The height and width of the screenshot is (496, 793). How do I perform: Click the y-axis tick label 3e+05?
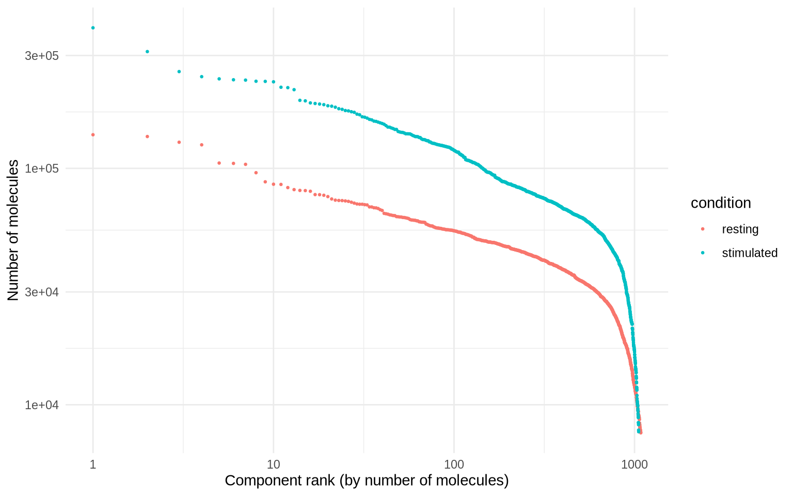[x=42, y=56]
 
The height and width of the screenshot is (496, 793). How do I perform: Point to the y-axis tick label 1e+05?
[x=42, y=168]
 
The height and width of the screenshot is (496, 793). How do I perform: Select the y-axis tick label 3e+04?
[x=42, y=292]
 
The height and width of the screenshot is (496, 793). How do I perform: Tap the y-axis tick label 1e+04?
[x=42, y=405]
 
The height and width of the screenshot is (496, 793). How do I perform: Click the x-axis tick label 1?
[x=93, y=464]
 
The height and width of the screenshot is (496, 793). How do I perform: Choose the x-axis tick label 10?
[x=274, y=464]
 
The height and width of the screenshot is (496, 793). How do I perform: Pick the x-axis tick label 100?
[x=454, y=464]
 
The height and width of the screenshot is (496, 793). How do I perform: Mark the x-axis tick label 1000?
[x=635, y=464]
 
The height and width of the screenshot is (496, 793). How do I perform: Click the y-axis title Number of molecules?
[x=13, y=230]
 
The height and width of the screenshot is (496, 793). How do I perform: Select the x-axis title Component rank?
[x=367, y=481]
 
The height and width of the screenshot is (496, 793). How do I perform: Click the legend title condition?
[x=721, y=203]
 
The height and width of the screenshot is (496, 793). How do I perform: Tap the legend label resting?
[x=740, y=229]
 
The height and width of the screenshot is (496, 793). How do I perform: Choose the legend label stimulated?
[x=749, y=253]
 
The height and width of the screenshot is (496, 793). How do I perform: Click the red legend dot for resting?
[x=702, y=229]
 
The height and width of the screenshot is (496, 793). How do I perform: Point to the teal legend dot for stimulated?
[x=702, y=253]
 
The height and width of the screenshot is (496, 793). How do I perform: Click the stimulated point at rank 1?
[x=93, y=28]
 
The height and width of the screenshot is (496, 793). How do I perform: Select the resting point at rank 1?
[x=93, y=135]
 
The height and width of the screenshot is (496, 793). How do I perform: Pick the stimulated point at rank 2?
[x=147, y=52]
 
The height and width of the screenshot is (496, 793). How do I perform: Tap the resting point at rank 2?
[x=147, y=136]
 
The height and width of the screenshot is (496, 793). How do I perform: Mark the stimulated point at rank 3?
[x=179, y=72]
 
